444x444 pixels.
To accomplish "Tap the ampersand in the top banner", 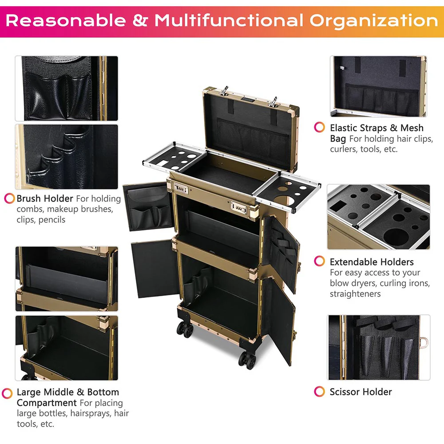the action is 140,21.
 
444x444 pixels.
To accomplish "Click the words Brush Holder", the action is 45,198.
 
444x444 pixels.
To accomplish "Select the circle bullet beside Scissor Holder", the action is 319,391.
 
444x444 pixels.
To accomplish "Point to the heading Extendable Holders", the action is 372,262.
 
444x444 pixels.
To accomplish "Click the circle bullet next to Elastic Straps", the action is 319,127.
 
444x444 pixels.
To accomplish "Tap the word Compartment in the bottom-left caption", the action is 47,403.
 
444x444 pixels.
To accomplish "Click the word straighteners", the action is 355,294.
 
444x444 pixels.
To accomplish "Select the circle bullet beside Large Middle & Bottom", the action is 7,393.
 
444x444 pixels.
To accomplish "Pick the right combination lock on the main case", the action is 239,208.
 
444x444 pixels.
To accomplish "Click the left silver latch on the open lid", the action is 225,91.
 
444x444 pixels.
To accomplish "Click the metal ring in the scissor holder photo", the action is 424,343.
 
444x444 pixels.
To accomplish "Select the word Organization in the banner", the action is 373,21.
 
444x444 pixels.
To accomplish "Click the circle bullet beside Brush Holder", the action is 9,198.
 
